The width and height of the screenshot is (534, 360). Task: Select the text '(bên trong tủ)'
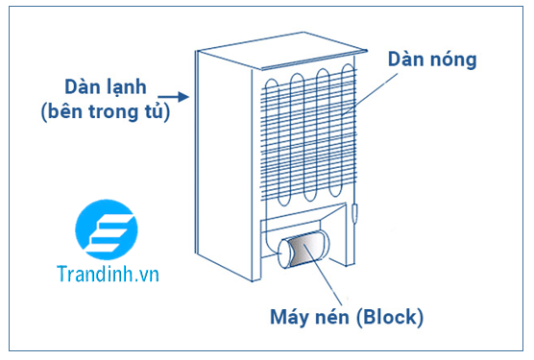105,112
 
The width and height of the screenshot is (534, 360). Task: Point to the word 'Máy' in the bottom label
294,317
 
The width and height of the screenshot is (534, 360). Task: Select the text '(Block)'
394,317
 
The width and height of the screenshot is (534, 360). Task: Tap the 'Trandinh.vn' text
106,274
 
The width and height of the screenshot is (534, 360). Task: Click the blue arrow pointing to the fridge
171,95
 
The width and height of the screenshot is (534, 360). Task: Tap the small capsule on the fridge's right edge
355,212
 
